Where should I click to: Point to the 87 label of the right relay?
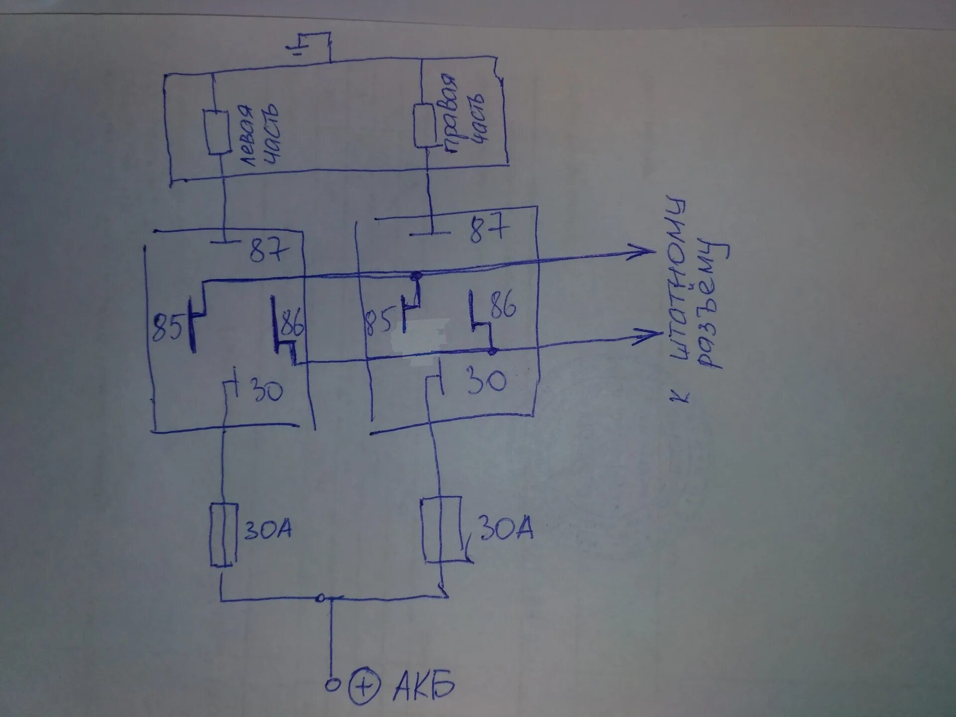pos(489,228)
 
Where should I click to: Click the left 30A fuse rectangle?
pos(222,534)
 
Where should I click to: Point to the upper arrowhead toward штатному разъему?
pos(645,250)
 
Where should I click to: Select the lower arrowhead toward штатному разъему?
pos(650,336)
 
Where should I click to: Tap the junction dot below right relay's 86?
pos(492,351)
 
